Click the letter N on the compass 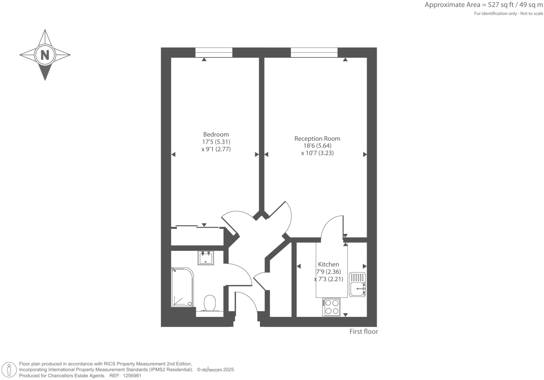[x=45, y=55]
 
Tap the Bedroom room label [x=216, y=134]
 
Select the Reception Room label [x=317, y=139]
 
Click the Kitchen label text [x=328, y=264]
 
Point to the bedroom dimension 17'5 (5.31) [x=216, y=142]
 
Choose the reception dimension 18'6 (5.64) [x=317, y=146]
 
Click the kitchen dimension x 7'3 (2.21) [x=328, y=279]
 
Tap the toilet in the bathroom [x=210, y=303]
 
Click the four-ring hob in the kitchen [x=331, y=307]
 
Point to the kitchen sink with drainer [x=357, y=285]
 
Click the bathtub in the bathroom [x=182, y=287]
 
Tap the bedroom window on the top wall [x=214, y=53]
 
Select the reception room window [x=314, y=53]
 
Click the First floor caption [x=364, y=332]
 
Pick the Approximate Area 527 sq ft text [x=483, y=5]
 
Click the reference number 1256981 [x=131, y=375]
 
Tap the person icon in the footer [x=9, y=370]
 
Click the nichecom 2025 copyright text [x=216, y=369]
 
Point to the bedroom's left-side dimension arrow [x=173, y=154]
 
